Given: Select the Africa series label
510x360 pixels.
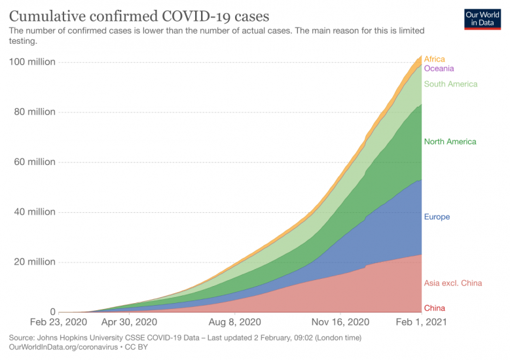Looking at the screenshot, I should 434,59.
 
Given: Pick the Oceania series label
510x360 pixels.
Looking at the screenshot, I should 439,68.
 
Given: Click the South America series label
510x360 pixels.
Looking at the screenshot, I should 450,84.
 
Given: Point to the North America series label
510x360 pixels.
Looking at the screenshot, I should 450,141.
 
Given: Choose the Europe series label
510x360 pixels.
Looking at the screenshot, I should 437,217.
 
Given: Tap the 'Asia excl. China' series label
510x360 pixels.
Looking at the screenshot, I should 452,283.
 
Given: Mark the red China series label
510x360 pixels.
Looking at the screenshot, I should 435,308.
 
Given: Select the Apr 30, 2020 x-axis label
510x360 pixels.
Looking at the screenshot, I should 129,323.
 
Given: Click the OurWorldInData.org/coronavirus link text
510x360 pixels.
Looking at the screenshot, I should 56,346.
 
